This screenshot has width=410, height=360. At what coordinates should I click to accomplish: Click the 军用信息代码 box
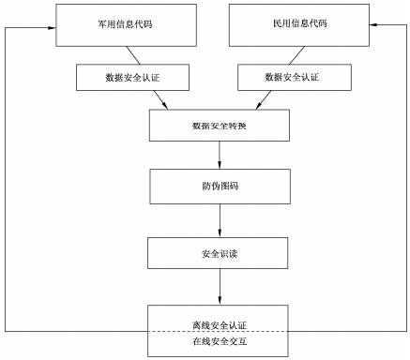coord(114,23)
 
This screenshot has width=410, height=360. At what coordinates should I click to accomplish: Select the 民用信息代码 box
coord(295,23)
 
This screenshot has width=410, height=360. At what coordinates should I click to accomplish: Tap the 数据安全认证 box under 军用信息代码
coord(114,76)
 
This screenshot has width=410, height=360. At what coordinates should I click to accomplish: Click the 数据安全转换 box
coord(220,126)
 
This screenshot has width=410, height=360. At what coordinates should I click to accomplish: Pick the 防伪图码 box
coord(220,186)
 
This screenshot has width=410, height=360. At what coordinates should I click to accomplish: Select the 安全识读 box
coord(220,252)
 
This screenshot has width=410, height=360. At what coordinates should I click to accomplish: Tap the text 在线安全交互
coord(220,342)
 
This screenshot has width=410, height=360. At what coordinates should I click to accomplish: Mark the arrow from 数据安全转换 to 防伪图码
coord(220,155)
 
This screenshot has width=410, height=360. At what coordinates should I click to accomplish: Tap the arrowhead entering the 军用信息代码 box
coord(51,26)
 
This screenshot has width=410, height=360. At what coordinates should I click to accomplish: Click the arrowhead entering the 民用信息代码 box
coord(375,26)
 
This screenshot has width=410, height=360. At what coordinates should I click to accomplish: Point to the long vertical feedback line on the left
coord(6,178)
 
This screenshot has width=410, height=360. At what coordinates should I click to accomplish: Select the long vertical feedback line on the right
coord(402,178)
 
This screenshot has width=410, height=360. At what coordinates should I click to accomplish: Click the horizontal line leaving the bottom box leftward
coord(75,332)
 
